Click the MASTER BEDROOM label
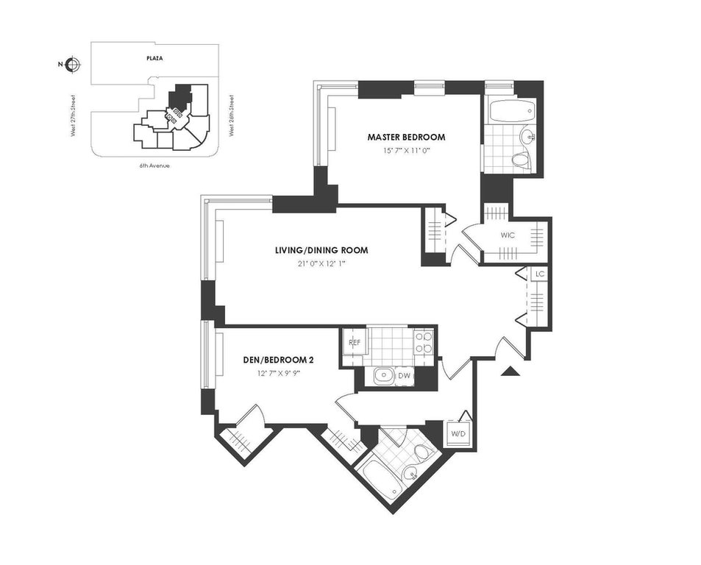click(x=406, y=138)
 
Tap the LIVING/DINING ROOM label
click(x=321, y=250)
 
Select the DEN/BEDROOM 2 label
click(x=275, y=360)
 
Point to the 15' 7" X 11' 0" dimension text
click(x=406, y=151)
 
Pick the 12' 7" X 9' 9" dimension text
click(x=275, y=373)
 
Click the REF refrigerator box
click(x=355, y=343)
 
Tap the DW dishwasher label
click(x=404, y=376)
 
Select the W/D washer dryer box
click(x=458, y=433)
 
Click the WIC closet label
click(x=508, y=235)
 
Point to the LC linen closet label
click(x=540, y=274)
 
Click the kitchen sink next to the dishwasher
click(x=382, y=377)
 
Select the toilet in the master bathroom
click(x=520, y=160)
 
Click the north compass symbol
click(x=72, y=65)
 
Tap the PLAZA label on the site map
click(x=154, y=58)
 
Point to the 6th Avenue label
click(x=154, y=166)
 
